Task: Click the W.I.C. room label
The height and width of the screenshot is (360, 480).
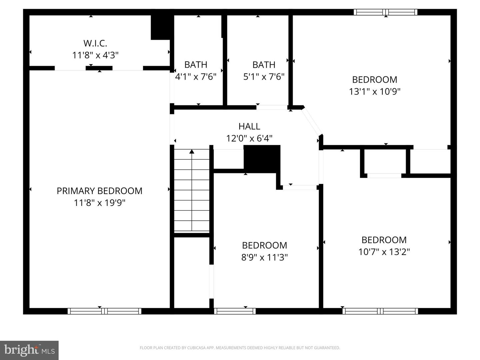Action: click(95, 43)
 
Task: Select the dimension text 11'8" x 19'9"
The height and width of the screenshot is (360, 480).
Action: click(99, 203)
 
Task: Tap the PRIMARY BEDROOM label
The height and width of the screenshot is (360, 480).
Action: click(99, 191)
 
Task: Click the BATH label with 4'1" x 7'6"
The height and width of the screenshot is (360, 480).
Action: click(196, 64)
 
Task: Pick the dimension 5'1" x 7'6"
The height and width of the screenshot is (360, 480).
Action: click(264, 77)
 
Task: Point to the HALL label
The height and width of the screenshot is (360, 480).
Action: click(249, 126)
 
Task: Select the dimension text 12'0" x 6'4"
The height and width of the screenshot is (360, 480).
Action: click(249, 138)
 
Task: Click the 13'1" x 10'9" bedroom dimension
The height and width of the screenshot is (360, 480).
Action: click(374, 91)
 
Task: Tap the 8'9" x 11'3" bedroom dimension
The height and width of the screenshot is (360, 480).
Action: click(264, 257)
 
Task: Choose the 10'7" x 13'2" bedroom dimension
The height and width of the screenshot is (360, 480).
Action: click(384, 252)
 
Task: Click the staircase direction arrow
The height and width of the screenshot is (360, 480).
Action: click(192, 152)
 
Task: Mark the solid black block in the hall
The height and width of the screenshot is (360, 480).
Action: click(262, 158)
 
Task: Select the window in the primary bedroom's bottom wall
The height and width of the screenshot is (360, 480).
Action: click(104, 311)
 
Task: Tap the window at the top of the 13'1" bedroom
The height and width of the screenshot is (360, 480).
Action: click(385, 12)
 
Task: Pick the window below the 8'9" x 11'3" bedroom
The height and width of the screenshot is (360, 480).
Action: click(235, 311)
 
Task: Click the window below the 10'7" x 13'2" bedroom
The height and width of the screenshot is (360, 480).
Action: click(380, 311)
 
